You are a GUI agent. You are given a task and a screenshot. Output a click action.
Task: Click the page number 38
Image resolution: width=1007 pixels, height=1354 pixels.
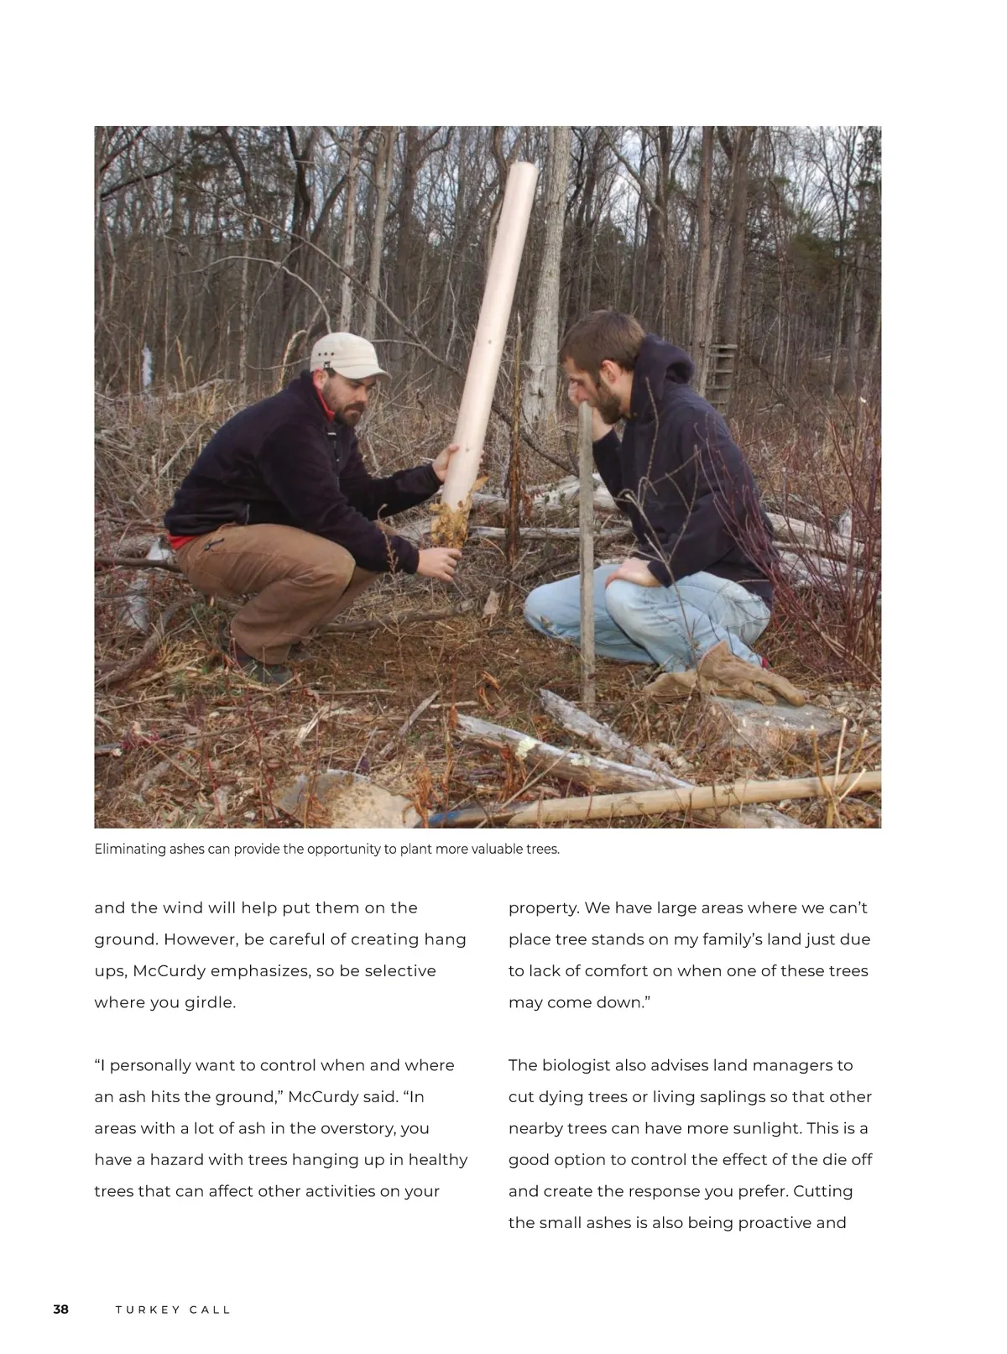point(61,1310)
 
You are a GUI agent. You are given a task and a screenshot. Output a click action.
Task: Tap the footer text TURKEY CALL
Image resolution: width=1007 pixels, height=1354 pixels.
point(173,1310)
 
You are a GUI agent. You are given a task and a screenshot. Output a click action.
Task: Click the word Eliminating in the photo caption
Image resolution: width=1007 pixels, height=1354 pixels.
point(130,849)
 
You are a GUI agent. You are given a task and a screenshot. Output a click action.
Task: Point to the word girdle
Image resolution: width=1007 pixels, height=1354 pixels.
point(209,1002)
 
